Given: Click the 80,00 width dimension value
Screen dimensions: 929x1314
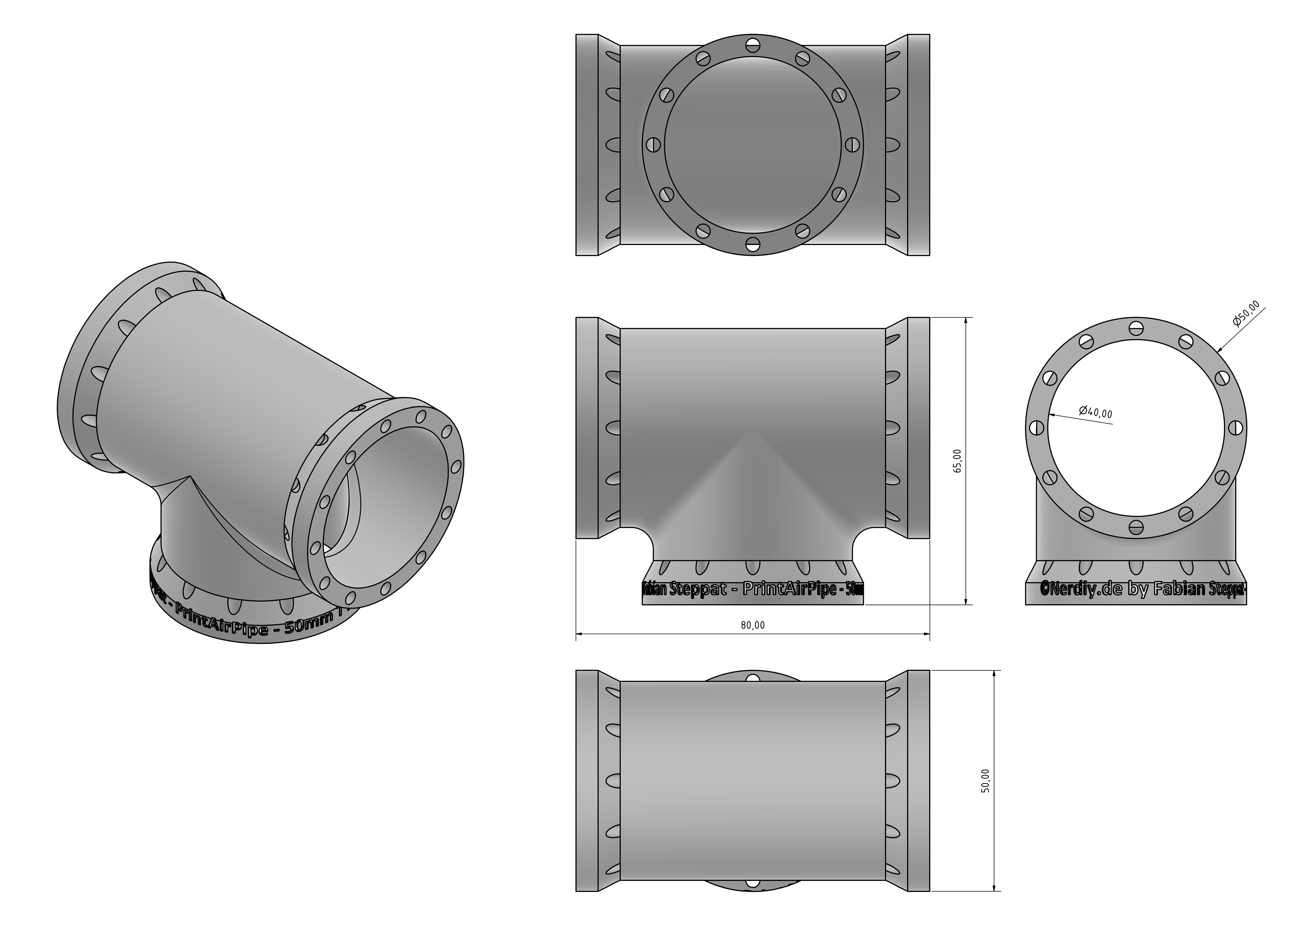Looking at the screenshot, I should click(753, 625).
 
